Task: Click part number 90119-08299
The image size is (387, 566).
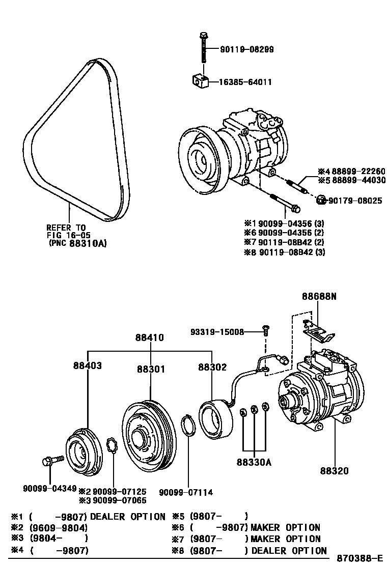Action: (x=247, y=50)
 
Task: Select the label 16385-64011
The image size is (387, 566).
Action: (x=245, y=81)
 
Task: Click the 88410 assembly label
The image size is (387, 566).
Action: (x=150, y=337)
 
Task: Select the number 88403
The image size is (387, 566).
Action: (x=87, y=365)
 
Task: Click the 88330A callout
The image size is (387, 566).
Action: (x=254, y=463)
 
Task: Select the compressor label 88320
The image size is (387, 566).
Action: (x=335, y=471)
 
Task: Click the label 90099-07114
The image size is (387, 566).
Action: (x=186, y=492)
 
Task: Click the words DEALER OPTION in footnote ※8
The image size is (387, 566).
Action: (x=289, y=550)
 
